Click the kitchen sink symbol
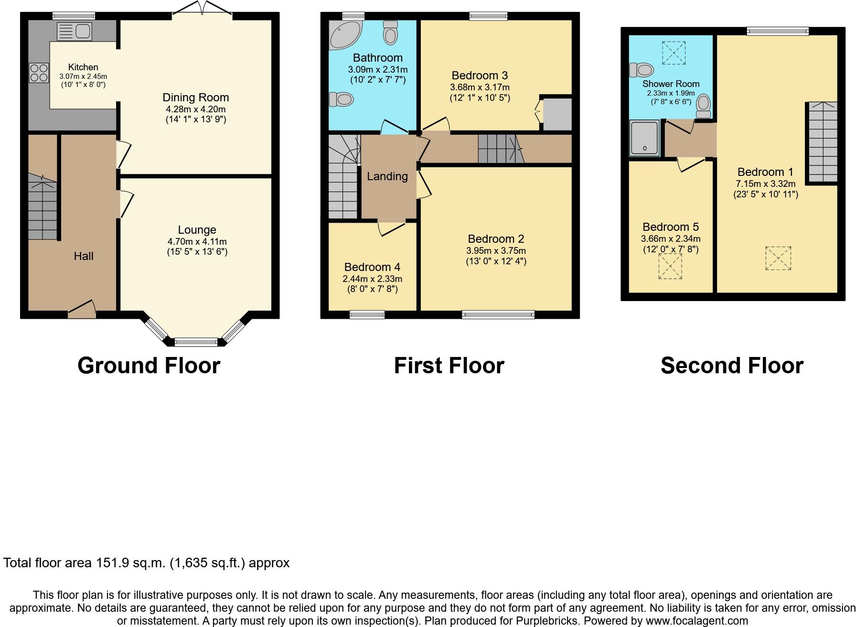(74, 32)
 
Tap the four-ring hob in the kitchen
(39, 73)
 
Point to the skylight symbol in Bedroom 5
(670, 266)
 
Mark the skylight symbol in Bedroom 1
(778, 258)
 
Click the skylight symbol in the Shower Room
(673, 53)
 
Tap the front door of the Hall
(82, 310)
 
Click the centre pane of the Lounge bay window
(196, 342)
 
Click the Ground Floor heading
(149, 366)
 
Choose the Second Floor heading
(732, 366)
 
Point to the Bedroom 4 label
(372, 267)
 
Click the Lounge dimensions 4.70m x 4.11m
(197, 242)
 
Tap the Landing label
(387, 176)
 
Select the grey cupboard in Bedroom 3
(557, 114)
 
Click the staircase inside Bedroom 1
(823, 142)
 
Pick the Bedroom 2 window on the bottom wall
(498, 314)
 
